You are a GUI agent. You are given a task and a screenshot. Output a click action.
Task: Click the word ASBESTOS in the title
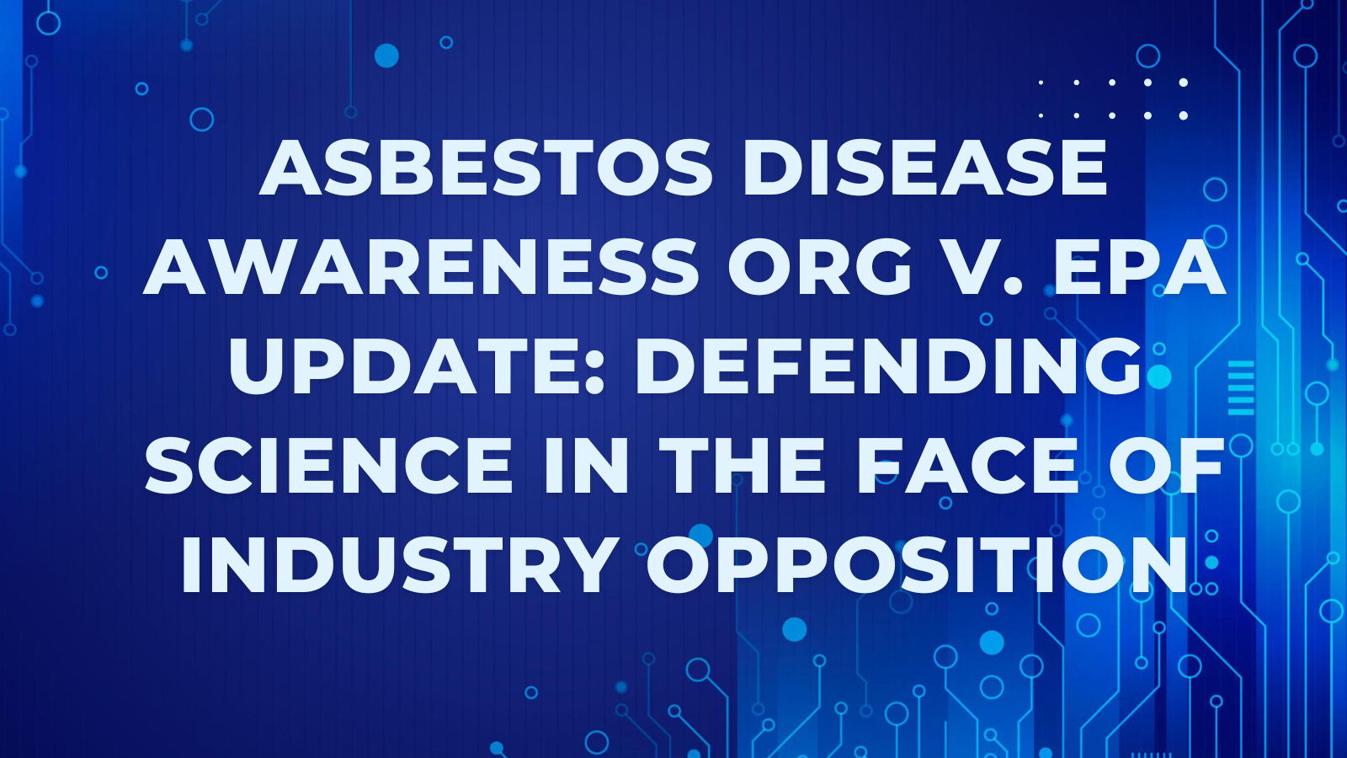pyautogui.click(x=486, y=167)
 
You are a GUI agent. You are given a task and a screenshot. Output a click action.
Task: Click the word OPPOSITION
pyautogui.click(x=917, y=563)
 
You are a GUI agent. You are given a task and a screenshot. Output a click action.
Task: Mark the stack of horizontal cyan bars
pyautogui.click(x=1241, y=388)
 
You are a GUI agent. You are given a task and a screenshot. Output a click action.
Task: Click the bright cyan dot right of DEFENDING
pyautogui.click(x=1158, y=377)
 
